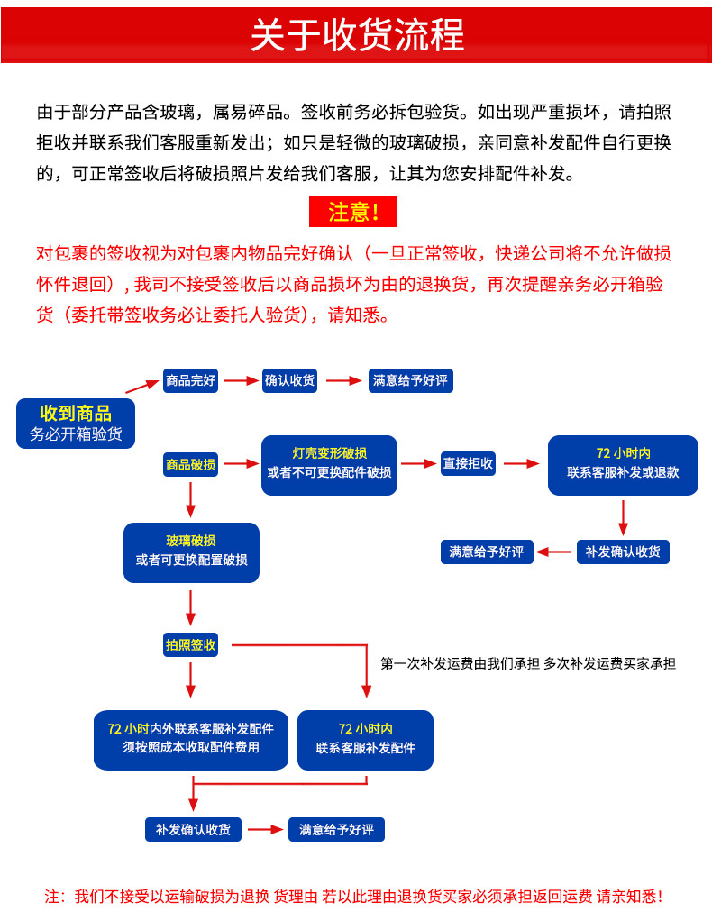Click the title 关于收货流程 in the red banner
tap(357, 34)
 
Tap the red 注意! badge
tap(352, 212)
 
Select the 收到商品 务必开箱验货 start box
tap(76, 423)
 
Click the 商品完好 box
tap(191, 381)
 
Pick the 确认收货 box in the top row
tap(290, 381)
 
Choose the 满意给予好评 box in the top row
tap(410, 381)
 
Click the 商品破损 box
tap(190, 465)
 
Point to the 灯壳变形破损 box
tap(329, 464)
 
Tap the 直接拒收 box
tap(468, 464)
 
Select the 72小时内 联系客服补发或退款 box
tap(623, 464)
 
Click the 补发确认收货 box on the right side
tap(623, 552)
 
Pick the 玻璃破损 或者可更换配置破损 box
tap(191, 552)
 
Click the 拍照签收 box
tap(190, 645)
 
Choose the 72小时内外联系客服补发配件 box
tap(191, 739)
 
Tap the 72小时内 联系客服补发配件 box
tap(365, 739)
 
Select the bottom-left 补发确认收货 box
tap(193, 829)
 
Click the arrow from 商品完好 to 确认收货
tap(241, 381)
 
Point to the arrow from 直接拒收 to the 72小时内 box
tap(521, 464)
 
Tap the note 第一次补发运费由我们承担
tap(460, 664)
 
